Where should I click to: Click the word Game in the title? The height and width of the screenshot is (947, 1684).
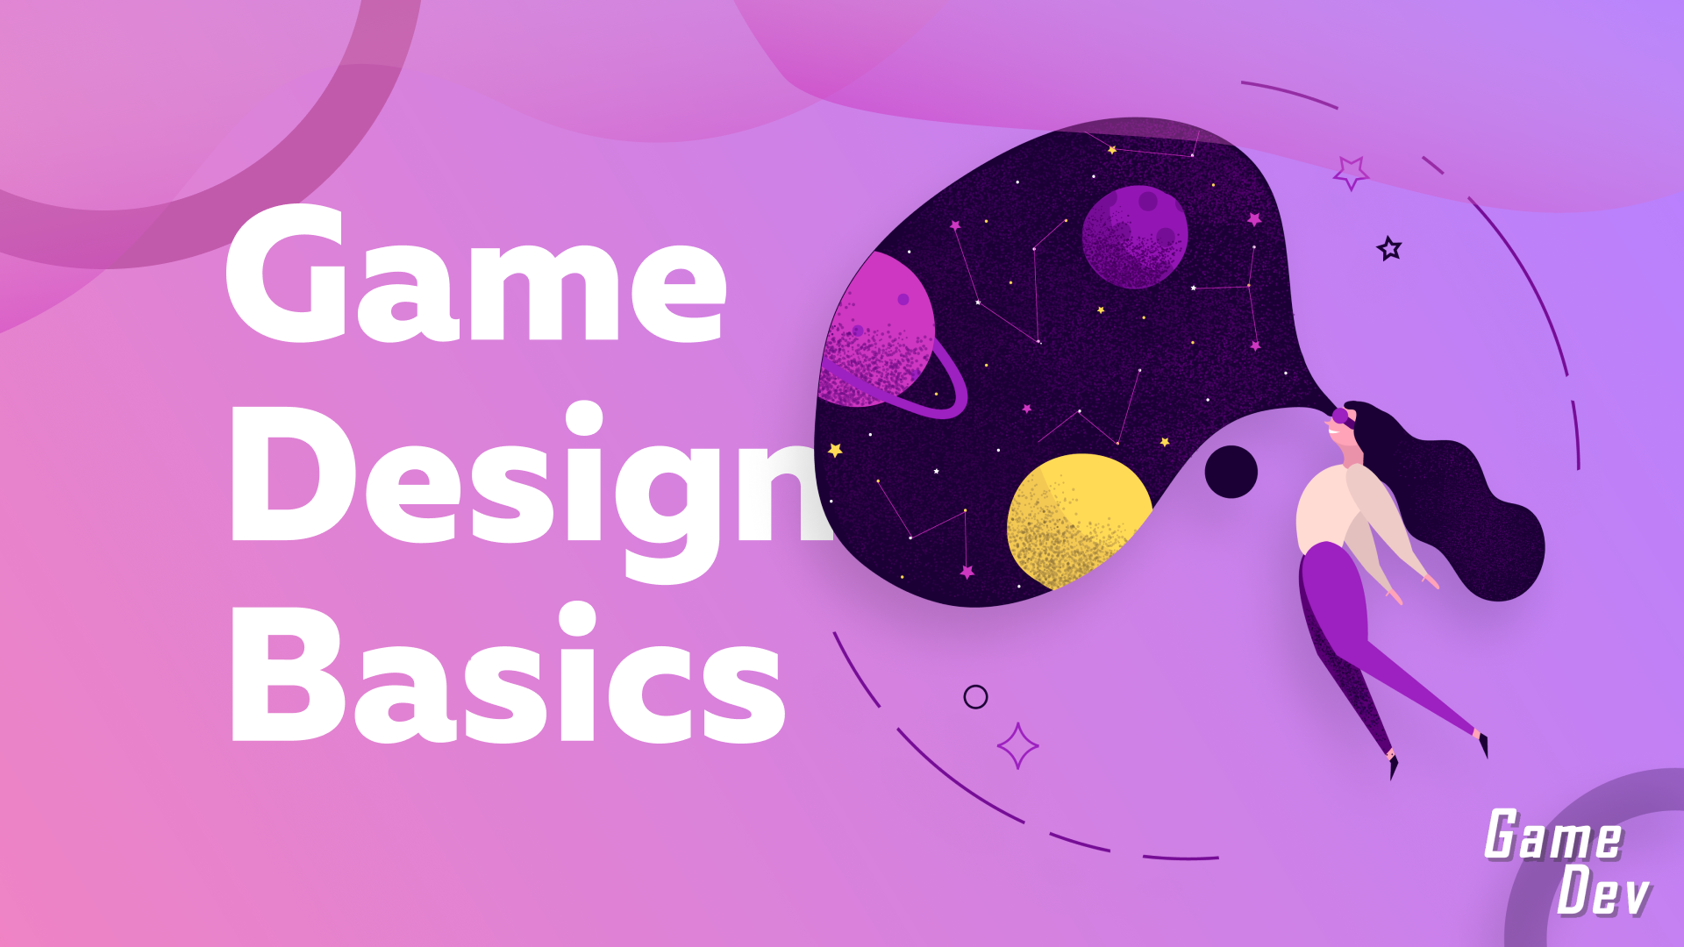coord(475,274)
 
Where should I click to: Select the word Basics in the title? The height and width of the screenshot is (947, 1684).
coord(508,673)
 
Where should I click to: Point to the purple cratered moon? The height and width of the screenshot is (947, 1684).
coord(1135,237)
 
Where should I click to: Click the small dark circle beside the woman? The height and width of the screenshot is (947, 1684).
coord(1231,472)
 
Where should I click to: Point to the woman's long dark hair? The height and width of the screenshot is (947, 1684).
coord(1456,509)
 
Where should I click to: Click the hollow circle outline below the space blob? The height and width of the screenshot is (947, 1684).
coord(975,697)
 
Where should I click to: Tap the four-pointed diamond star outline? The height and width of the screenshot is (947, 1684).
coord(1017,745)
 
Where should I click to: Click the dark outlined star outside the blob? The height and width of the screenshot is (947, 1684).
coord(1389,249)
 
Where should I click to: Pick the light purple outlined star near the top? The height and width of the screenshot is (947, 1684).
coord(1351,172)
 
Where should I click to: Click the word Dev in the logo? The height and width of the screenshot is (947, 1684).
coord(1603,892)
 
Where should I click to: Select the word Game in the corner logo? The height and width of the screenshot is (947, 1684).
coord(1553,835)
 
